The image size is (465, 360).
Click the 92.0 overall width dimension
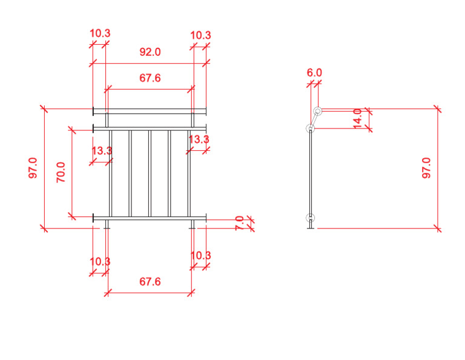(150, 52)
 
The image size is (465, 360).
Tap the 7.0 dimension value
(239, 223)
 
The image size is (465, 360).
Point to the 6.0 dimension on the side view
(314, 73)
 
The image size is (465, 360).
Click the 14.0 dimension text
(357, 118)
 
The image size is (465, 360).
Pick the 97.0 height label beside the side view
(426, 168)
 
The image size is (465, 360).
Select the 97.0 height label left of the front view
(33, 168)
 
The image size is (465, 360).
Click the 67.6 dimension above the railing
(150, 78)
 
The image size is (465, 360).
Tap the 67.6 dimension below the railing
(150, 282)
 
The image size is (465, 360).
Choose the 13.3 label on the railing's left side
(102, 151)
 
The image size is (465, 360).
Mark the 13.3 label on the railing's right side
(199, 140)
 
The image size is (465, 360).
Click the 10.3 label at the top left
(100, 34)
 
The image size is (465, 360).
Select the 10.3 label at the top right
(200, 35)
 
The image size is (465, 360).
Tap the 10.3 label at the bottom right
(200, 256)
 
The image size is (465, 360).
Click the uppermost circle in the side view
(317, 110)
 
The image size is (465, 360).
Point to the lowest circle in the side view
(311, 218)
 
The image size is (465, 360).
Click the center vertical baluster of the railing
(150, 173)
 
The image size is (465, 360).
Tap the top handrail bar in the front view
(150, 111)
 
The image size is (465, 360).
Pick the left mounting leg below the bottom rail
(107, 224)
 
